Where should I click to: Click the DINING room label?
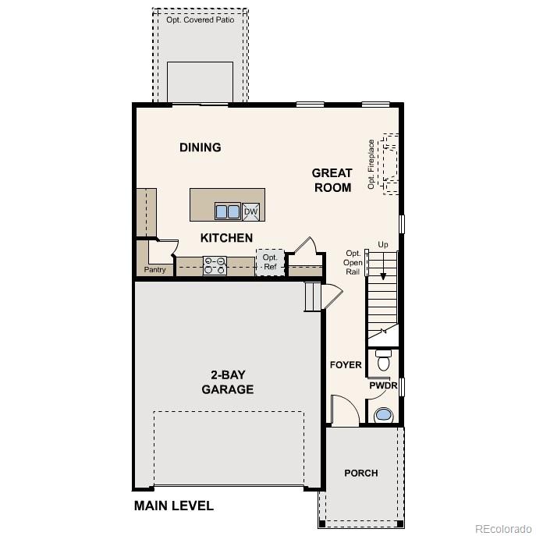(x=201, y=147)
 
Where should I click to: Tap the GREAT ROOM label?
(x=332, y=179)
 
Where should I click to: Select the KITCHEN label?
(x=226, y=238)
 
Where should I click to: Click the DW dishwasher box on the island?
(x=250, y=211)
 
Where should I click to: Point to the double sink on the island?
(x=227, y=211)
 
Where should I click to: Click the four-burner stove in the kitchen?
(x=215, y=266)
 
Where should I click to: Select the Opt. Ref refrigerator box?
(x=270, y=262)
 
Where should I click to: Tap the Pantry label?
(x=154, y=270)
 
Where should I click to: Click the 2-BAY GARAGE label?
(x=227, y=382)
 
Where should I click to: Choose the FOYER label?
(x=346, y=364)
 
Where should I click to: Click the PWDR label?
(x=383, y=385)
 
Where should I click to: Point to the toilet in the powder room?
(x=383, y=361)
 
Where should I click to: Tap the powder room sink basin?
(x=382, y=414)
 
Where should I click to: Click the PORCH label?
(x=361, y=473)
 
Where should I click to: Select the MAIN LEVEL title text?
(x=174, y=506)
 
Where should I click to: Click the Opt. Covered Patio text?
(x=201, y=20)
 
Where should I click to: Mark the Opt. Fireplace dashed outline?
(x=389, y=164)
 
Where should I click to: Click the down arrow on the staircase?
(x=382, y=273)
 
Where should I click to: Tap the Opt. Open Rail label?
(x=353, y=262)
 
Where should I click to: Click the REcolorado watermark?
(x=502, y=527)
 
